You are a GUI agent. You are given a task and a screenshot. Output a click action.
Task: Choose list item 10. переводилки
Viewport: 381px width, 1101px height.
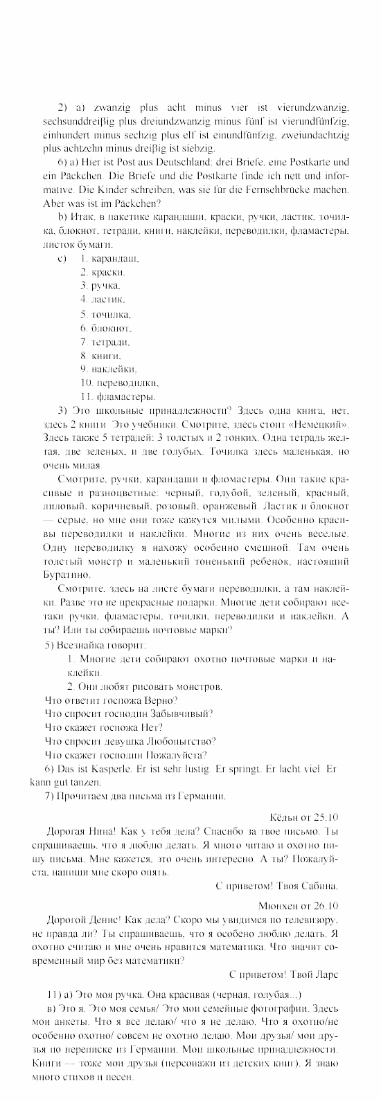120,382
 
